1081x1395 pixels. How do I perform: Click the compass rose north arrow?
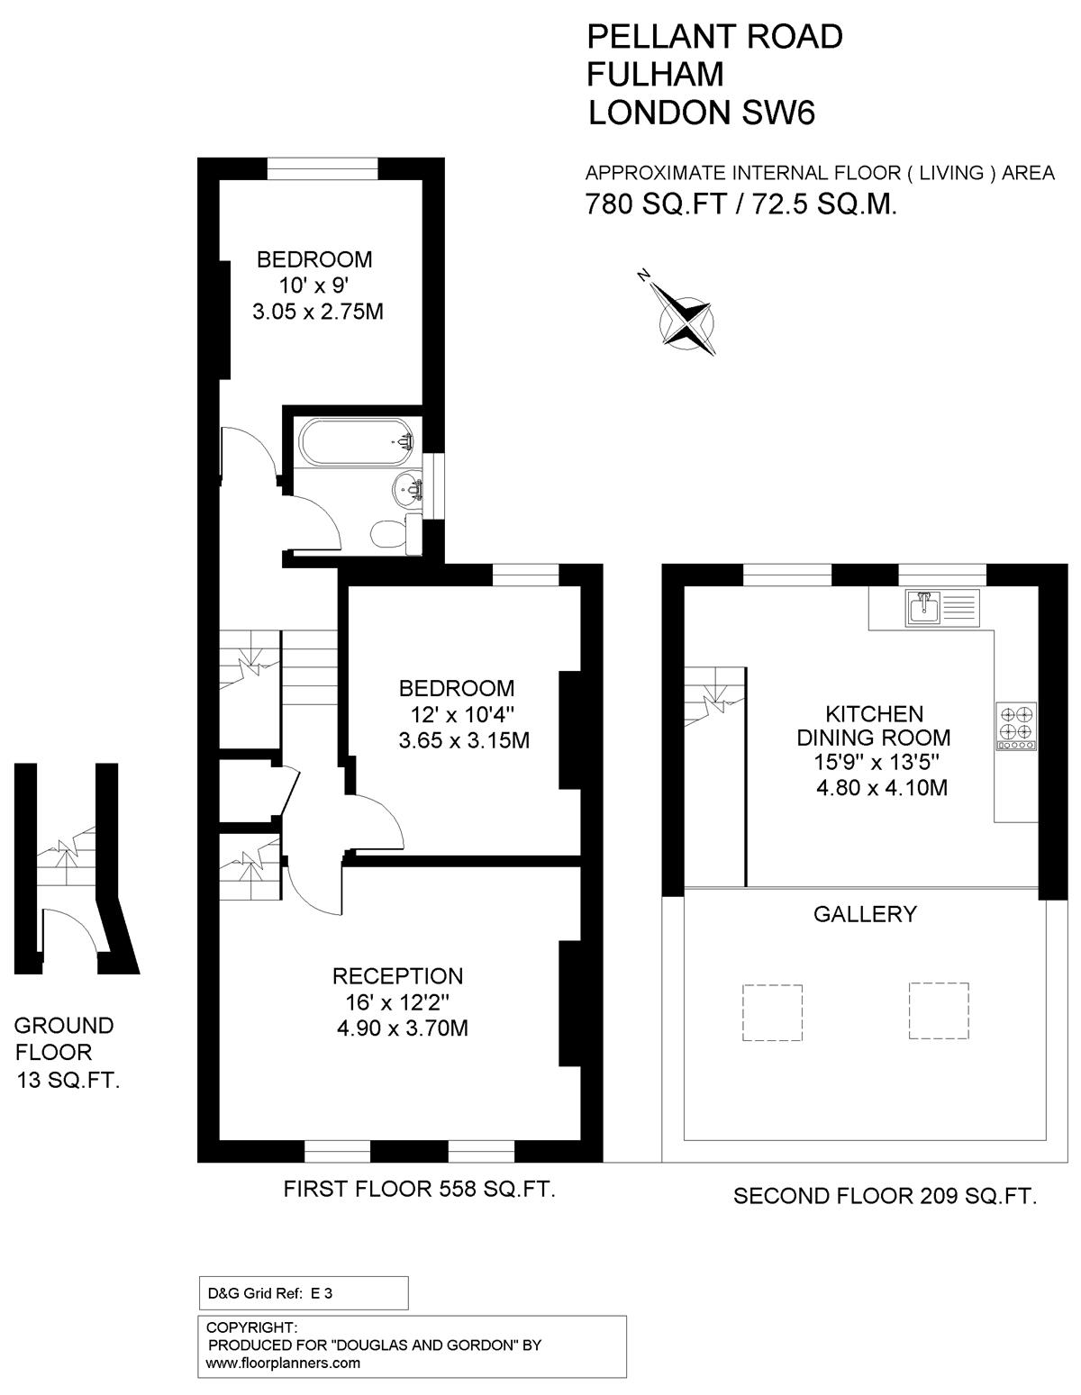(687, 315)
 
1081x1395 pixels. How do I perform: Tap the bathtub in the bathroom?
(358, 442)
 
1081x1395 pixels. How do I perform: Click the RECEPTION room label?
(397, 976)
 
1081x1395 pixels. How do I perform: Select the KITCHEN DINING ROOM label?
(874, 726)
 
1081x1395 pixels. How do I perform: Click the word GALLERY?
(865, 914)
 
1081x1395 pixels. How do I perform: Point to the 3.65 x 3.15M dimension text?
(463, 741)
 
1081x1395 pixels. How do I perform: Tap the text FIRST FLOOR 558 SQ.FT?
(419, 1190)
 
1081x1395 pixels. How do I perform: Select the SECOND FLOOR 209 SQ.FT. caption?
(885, 1196)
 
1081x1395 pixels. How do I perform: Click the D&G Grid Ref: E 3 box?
(303, 1292)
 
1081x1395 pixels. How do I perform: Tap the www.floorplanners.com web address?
(283, 1363)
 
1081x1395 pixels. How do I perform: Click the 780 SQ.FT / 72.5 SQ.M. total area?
(740, 204)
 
